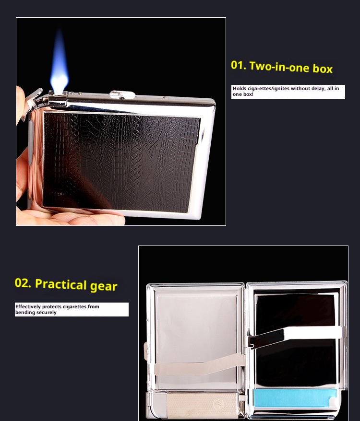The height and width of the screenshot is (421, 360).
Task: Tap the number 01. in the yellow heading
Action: click(x=239, y=65)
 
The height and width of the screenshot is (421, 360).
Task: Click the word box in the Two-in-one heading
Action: click(x=323, y=69)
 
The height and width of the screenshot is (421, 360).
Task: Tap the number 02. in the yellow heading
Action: click(x=23, y=283)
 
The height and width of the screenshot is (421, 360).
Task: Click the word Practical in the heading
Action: click(x=61, y=284)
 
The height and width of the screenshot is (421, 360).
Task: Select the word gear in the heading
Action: click(x=104, y=286)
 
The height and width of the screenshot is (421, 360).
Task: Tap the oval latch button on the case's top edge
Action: click(x=122, y=94)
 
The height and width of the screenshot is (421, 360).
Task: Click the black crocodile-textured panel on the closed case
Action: click(x=121, y=162)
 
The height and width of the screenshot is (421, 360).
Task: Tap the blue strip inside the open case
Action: click(x=295, y=398)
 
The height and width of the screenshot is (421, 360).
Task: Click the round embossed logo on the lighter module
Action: click(x=218, y=404)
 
